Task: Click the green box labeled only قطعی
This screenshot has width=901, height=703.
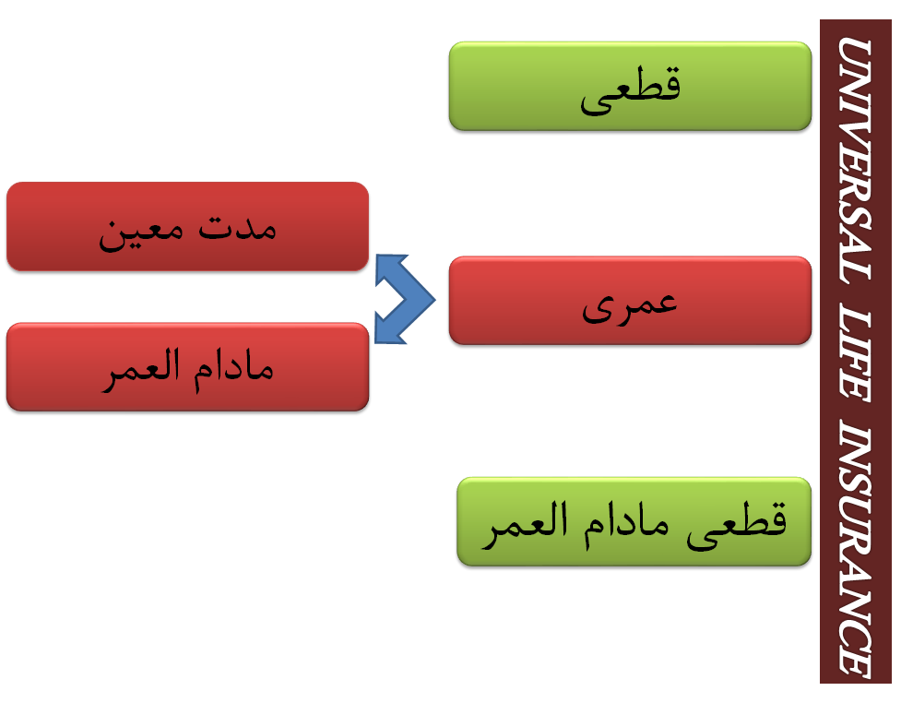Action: pyautogui.click(x=631, y=86)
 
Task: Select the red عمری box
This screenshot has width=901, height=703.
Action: pyautogui.click(x=631, y=301)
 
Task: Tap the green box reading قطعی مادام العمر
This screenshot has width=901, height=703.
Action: pyautogui.click(x=634, y=521)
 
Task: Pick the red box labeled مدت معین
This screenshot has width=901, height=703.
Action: pyautogui.click(x=187, y=226)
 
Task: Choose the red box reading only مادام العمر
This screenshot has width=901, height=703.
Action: pyautogui.click(x=187, y=367)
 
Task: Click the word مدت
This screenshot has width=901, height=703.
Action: pyautogui.click(x=237, y=228)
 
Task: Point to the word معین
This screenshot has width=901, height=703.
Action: pyautogui.click(x=141, y=234)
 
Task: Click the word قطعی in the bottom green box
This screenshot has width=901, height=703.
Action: pyautogui.click(x=736, y=525)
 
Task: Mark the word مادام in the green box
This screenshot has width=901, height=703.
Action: pyautogui.click(x=626, y=524)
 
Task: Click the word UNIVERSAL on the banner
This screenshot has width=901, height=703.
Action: pyautogui.click(x=855, y=161)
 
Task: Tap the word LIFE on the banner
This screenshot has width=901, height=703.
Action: pyautogui.click(x=855, y=356)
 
